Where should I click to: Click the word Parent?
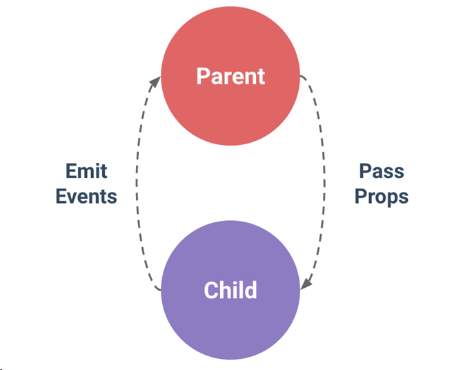click(x=230, y=76)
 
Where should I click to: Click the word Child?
click(x=230, y=290)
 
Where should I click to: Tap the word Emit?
click(x=86, y=171)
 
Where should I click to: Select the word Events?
click(x=86, y=197)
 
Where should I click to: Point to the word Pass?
click(x=382, y=171)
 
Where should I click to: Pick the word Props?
click(x=382, y=197)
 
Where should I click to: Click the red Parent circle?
click(x=230, y=76)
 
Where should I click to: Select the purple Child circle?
click(x=230, y=290)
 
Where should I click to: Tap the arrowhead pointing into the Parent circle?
click(x=155, y=81)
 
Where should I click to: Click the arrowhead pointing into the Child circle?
click(x=306, y=284)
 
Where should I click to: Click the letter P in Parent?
click(x=203, y=76)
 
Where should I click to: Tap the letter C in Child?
click(x=210, y=290)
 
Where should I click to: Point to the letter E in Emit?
click(x=71, y=171)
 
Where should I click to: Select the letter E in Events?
click(x=61, y=197)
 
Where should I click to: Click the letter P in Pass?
click(x=364, y=171)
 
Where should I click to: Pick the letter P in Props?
click(x=360, y=197)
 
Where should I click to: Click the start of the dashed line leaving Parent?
click(x=301, y=76)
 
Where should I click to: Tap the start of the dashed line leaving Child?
click(x=160, y=290)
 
